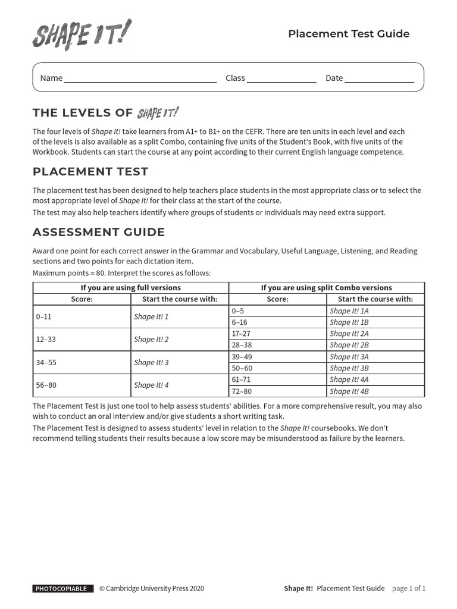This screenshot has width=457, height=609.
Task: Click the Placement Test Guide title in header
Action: pos(349,34)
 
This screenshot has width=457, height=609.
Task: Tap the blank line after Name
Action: pos(140,79)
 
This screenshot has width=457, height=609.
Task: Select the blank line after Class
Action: pos(281,79)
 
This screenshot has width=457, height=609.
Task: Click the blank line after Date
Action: pos(379,79)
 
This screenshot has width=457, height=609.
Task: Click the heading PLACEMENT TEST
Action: pos(90,172)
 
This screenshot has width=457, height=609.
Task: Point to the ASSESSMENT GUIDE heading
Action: pos(99,232)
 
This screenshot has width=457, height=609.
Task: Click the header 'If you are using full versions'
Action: pos(131,288)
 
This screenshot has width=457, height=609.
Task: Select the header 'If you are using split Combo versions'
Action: pos(327,288)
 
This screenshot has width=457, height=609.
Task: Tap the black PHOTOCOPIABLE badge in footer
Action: pos(63,589)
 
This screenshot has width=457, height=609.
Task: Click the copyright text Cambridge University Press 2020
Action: pos(152,589)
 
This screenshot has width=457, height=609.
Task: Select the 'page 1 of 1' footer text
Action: pos(409,589)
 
